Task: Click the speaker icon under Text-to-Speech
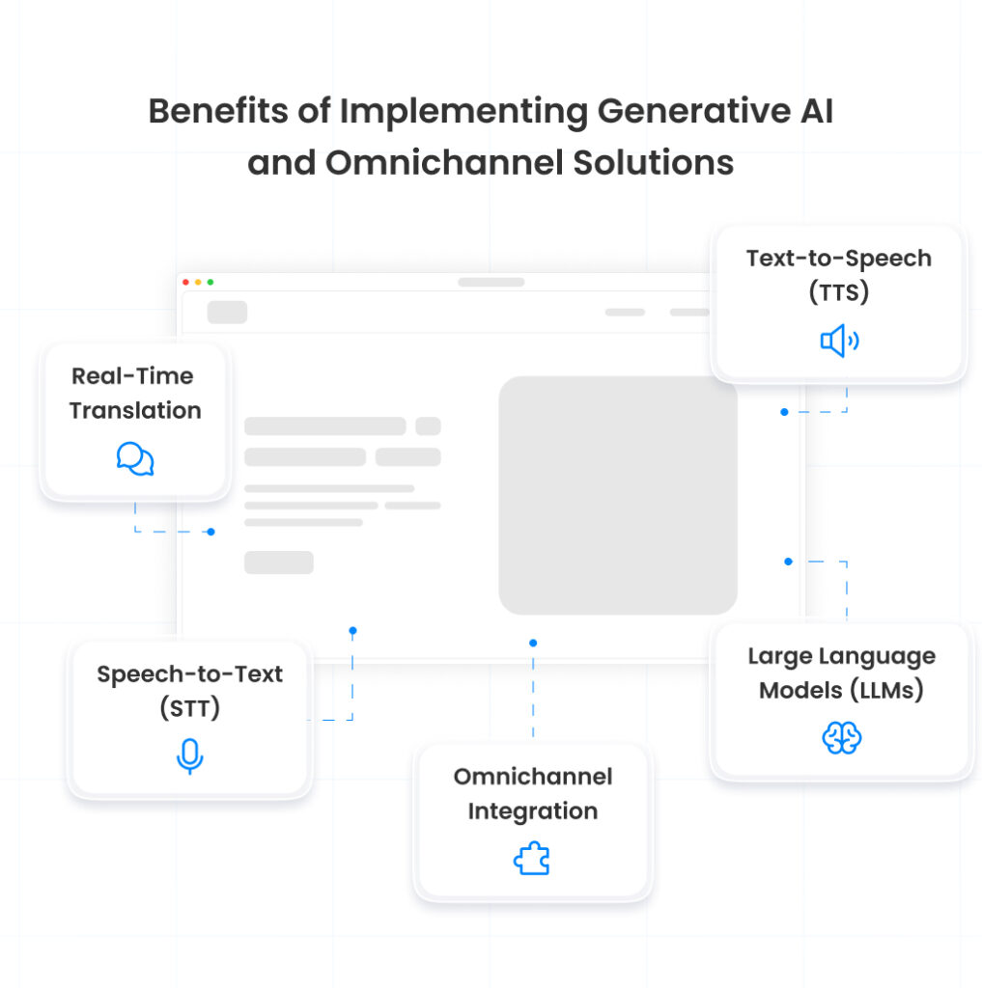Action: pyautogui.click(x=839, y=341)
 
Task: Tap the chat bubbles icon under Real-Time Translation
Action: pyautogui.click(x=135, y=459)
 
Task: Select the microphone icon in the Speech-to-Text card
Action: pyautogui.click(x=189, y=756)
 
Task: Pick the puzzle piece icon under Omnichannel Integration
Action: pyautogui.click(x=532, y=859)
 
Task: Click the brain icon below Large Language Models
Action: pyautogui.click(x=841, y=738)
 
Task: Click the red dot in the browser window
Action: pyautogui.click(x=186, y=282)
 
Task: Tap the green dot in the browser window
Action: pyautogui.click(x=210, y=282)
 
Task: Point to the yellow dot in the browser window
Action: pyautogui.click(x=198, y=282)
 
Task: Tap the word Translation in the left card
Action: pyautogui.click(x=135, y=410)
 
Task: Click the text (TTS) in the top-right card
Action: pyautogui.click(x=838, y=292)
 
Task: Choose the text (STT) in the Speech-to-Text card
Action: pyautogui.click(x=189, y=708)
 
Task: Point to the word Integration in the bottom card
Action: pyautogui.click(x=532, y=811)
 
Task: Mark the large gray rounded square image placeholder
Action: pyautogui.click(x=618, y=495)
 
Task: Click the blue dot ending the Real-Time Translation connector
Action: pyautogui.click(x=210, y=532)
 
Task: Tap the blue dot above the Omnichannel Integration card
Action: pyautogui.click(x=533, y=643)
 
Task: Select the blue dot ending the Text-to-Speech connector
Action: pyautogui.click(x=784, y=412)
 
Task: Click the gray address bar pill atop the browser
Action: pyautogui.click(x=491, y=282)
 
